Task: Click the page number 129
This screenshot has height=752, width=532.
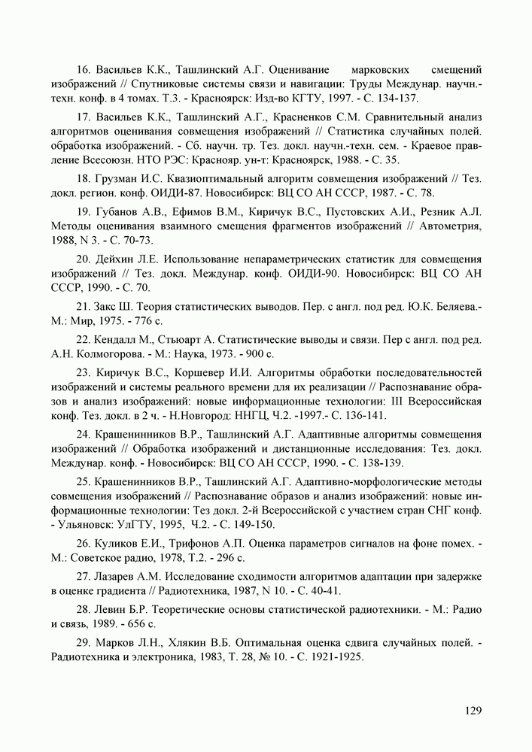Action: coord(472,710)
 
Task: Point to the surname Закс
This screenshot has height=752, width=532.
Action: coord(110,307)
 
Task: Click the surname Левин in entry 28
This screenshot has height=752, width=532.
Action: coord(114,610)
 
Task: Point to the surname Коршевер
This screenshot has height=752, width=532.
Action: coord(206,372)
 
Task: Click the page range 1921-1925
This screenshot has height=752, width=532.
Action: coord(332,657)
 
